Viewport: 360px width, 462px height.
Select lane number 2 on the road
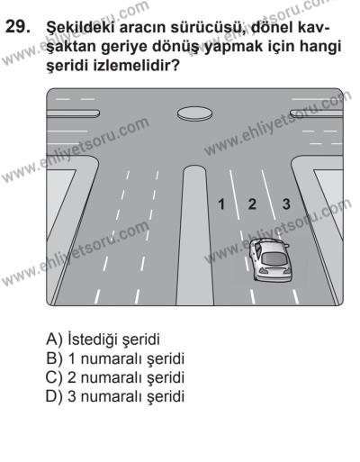(x=252, y=204)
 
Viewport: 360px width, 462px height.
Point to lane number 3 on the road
(x=286, y=204)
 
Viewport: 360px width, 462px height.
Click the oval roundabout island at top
(x=192, y=113)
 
